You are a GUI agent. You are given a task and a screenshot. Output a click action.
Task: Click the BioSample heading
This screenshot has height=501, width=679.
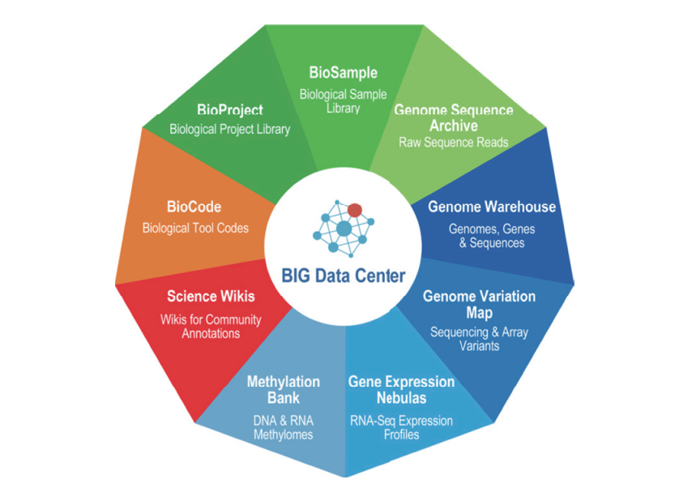pyautogui.click(x=343, y=73)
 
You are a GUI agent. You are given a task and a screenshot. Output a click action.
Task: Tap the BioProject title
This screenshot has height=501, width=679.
pyautogui.click(x=230, y=109)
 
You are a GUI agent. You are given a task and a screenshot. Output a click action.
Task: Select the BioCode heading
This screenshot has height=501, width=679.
pyautogui.click(x=194, y=207)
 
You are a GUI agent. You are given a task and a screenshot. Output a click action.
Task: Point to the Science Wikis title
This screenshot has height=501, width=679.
pyautogui.click(x=211, y=296)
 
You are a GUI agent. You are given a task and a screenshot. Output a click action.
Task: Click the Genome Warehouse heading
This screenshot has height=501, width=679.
pyautogui.click(x=492, y=207)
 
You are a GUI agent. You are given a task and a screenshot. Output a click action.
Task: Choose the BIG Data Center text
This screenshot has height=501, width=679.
pyautogui.click(x=344, y=276)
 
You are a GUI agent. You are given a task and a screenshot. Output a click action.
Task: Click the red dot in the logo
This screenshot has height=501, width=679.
pyautogui.click(x=355, y=210)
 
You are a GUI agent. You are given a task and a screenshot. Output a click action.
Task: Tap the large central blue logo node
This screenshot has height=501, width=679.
pyautogui.click(x=344, y=229)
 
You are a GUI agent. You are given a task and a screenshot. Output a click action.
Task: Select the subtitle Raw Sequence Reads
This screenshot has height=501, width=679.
pyautogui.click(x=454, y=142)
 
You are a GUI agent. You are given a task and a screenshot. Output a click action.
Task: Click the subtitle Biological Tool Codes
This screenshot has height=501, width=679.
pyautogui.click(x=196, y=228)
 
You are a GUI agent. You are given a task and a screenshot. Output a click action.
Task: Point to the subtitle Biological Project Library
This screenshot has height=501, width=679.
pyautogui.click(x=230, y=129)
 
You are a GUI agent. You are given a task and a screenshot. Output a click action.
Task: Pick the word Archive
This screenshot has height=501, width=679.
pyautogui.click(x=454, y=126)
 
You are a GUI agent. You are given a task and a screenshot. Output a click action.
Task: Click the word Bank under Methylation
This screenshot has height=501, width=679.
pyautogui.click(x=284, y=398)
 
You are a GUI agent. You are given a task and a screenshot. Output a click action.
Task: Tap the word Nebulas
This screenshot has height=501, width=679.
pyautogui.click(x=401, y=398)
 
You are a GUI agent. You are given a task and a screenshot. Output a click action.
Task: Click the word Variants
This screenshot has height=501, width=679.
pyautogui.click(x=480, y=346)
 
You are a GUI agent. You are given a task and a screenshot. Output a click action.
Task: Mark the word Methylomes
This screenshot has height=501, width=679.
pyautogui.click(x=284, y=435)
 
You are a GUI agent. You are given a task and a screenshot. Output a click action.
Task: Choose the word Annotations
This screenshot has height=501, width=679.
pyautogui.click(x=211, y=333)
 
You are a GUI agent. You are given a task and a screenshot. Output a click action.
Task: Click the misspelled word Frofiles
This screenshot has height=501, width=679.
pyautogui.click(x=401, y=435)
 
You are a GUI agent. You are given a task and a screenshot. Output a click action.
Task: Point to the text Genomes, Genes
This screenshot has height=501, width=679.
pyautogui.click(x=492, y=229)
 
